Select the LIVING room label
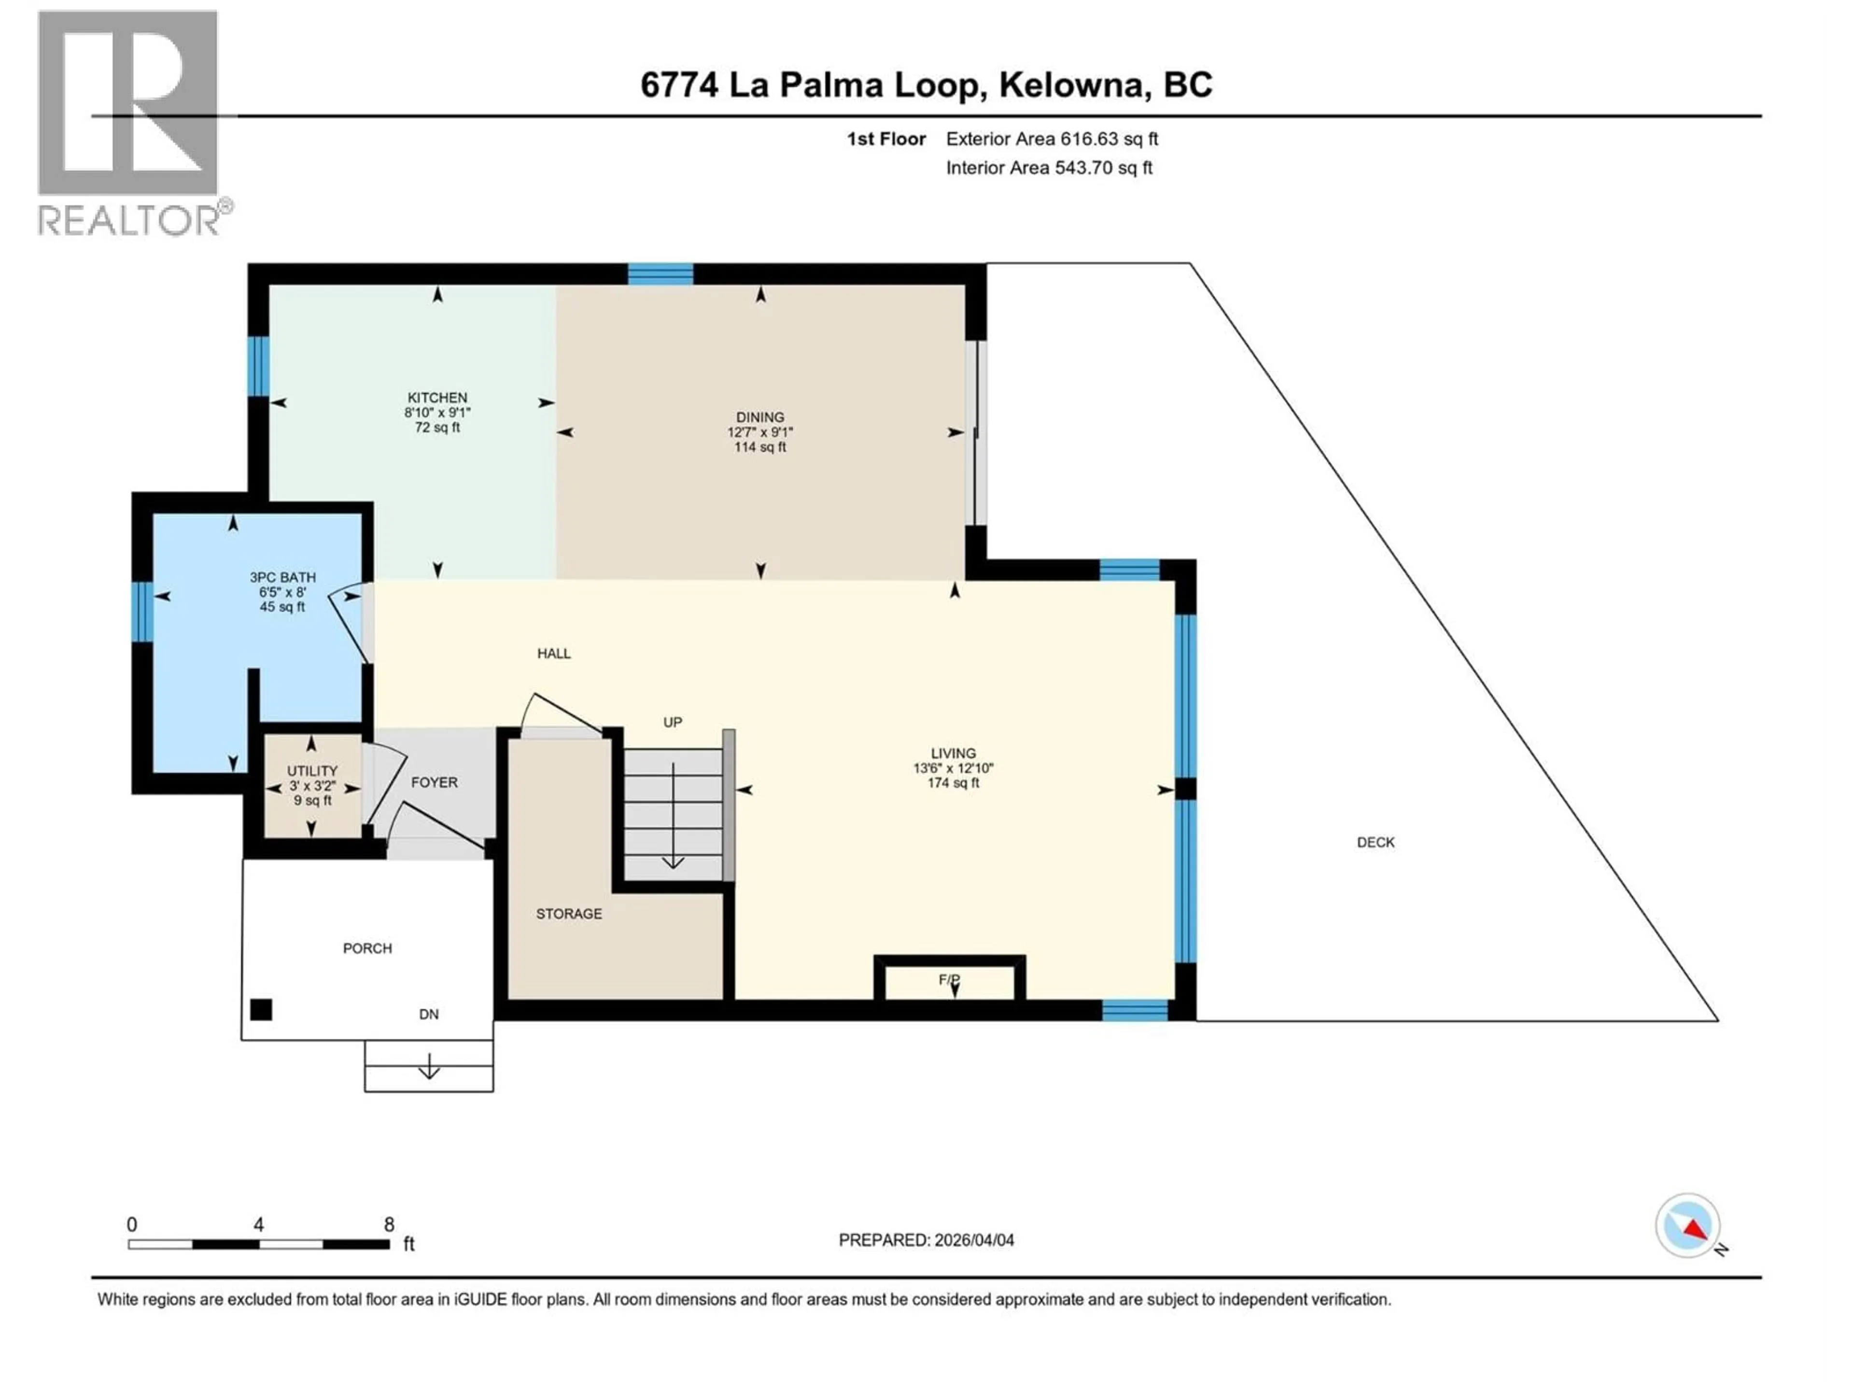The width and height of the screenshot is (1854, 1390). tap(953, 753)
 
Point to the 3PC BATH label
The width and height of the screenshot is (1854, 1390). tap(282, 577)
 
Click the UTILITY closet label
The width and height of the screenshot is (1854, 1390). tap(312, 771)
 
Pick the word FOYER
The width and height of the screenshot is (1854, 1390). tap(434, 782)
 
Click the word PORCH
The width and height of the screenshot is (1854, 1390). tap(367, 948)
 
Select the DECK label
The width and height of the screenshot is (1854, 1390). tap(1376, 843)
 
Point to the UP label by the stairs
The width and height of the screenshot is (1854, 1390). tap(672, 722)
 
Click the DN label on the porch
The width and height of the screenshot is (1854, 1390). tap(428, 1015)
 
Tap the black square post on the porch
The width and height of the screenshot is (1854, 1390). tap(262, 1010)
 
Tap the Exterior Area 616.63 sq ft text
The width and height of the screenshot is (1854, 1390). tap(1052, 139)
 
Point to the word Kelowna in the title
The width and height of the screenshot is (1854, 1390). tap(1072, 84)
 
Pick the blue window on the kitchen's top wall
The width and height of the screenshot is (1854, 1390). tap(660, 274)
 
